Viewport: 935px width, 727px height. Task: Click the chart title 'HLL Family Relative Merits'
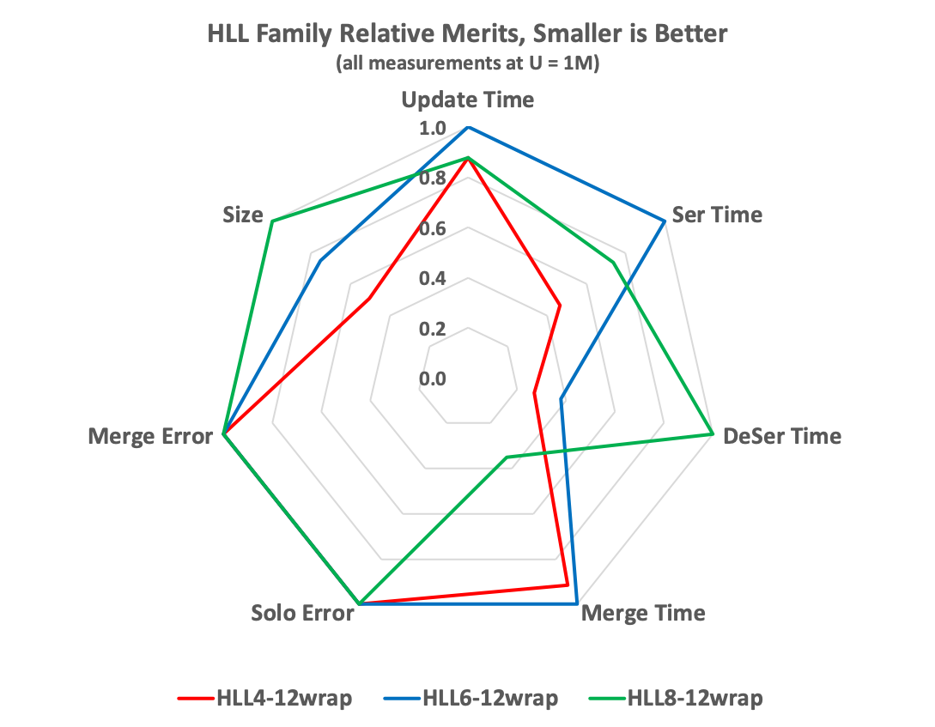[x=467, y=35]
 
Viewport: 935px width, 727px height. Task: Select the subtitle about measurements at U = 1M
[x=467, y=64]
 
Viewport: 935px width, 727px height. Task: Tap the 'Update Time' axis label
[x=468, y=100]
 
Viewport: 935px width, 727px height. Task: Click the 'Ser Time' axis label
[x=717, y=215]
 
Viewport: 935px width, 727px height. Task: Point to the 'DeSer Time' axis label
[x=782, y=436]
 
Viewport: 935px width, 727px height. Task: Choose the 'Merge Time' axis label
[x=643, y=614]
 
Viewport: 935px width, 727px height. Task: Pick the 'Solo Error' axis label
[x=302, y=614]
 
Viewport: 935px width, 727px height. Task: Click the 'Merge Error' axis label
[x=150, y=436]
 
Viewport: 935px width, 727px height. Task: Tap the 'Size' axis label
[x=242, y=215]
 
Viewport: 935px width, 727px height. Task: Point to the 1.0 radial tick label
[x=433, y=129]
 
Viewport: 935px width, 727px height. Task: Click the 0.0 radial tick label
[x=433, y=379]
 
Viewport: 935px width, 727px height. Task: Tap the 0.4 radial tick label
[x=433, y=279]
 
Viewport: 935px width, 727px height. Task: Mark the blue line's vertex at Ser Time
[x=664, y=221]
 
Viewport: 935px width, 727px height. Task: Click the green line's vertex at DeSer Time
[x=713, y=434]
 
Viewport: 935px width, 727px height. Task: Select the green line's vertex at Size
[x=271, y=221]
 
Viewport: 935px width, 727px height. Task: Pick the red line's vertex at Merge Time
[x=568, y=585]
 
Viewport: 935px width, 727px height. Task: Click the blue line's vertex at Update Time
[x=468, y=127]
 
